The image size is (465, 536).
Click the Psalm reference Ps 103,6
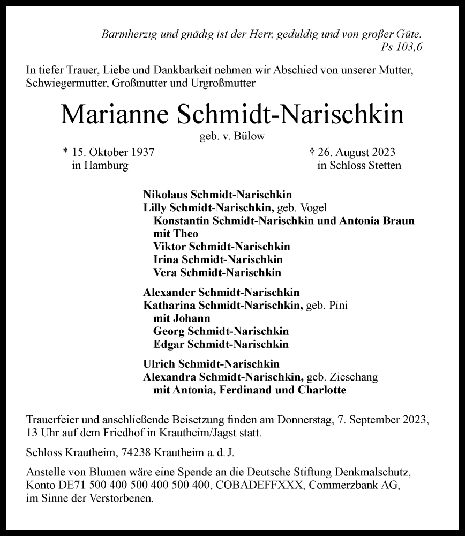coord(402,47)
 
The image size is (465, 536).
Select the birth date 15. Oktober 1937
coord(112,152)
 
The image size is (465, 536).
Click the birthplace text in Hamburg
coord(100,166)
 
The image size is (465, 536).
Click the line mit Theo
coord(175,234)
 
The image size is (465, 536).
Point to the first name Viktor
coord(167,247)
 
